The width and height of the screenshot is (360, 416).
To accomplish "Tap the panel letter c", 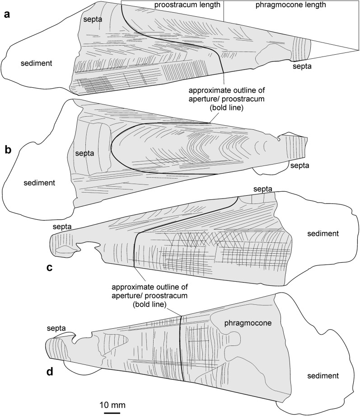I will (x=50, y=267).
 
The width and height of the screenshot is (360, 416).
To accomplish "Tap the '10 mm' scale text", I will (x=112, y=403).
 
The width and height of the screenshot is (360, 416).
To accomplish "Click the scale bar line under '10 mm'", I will (x=112, y=412).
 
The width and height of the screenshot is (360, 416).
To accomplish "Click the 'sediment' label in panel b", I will (x=37, y=183).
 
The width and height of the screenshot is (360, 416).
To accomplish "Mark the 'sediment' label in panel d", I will (x=323, y=376).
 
